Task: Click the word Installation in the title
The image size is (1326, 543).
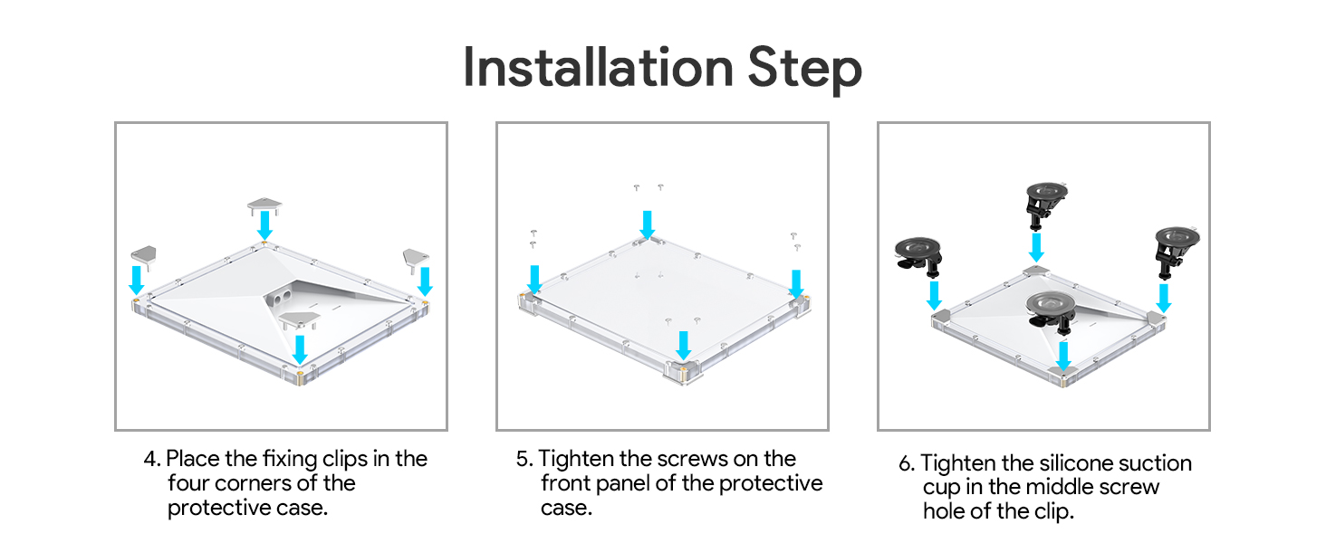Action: point(599,68)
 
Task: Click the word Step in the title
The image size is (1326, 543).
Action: point(804,70)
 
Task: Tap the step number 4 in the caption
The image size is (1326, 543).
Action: point(150,459)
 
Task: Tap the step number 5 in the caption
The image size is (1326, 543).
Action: point(524,459)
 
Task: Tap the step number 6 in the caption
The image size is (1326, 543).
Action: point(906,463)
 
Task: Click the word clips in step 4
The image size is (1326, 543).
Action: point(344,460)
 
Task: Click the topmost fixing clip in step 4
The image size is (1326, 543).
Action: point(264,205)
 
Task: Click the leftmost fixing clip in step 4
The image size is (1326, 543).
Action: point(144,255)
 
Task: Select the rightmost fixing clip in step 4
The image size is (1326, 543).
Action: point(416,258)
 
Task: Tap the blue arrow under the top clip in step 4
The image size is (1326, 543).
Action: point(264,225)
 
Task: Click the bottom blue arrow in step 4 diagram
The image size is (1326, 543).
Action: point(300,349)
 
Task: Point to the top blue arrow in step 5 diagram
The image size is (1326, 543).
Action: point(647,224)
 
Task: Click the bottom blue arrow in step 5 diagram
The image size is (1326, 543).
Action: point(684,346)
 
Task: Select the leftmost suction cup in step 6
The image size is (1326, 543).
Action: point(918,256)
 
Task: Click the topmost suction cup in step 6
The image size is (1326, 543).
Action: point(1046,204)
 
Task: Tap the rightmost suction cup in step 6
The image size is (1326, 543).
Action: point(1177,252)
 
